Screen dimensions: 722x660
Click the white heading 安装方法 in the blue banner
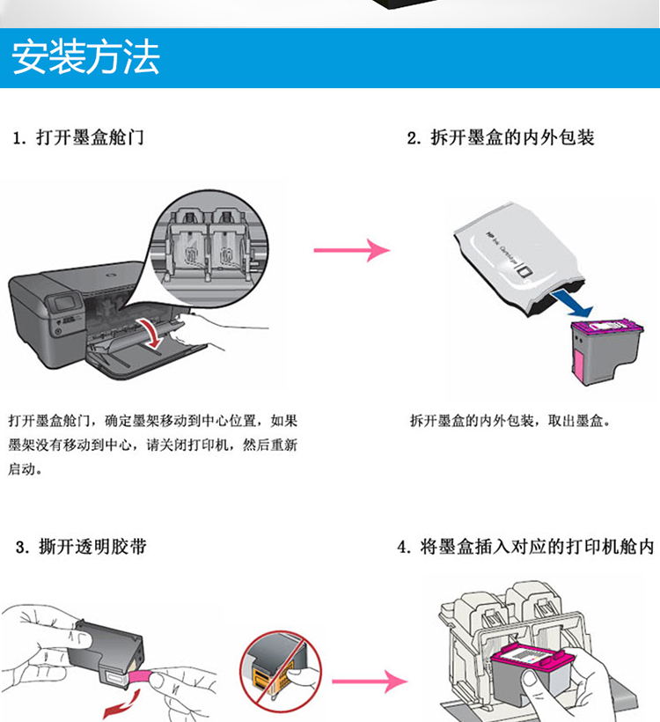coord(85,58)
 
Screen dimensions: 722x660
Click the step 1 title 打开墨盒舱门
coord(80,138)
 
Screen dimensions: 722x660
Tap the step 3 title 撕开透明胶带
coord(81,548)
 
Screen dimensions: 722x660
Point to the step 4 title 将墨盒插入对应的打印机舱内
coord(525,548)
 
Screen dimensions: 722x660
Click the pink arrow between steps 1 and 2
coord(351,250)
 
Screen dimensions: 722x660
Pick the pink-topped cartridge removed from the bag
coord(600,348)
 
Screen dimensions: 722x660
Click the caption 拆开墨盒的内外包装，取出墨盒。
coord(510,422)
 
